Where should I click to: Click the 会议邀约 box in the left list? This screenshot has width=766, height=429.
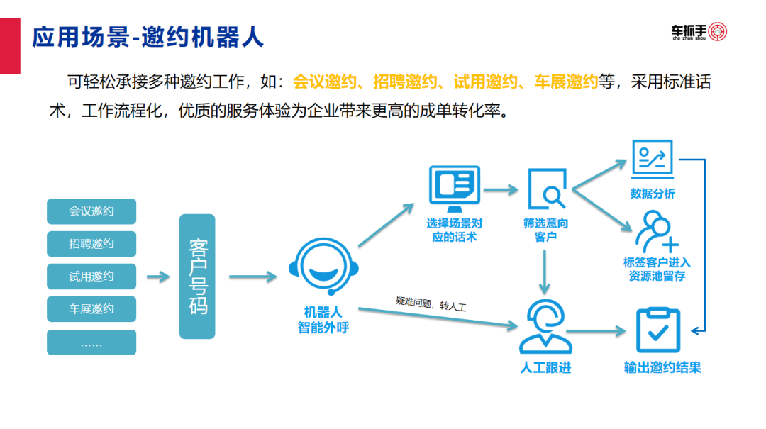pyautogui.click(x=91, y=211)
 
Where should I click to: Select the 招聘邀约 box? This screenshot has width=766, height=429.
pyautogui.click(x=91, y=244)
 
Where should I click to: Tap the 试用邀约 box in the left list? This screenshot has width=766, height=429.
pyautogui.click(x=91, y=277)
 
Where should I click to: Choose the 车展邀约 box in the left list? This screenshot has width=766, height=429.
pyautogui.click(x=91, y=309)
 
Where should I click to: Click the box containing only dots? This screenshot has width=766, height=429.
pyautogui.click(x=91, y=342)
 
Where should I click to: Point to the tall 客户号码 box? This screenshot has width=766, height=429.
pyautogui.click(x=197, y=277)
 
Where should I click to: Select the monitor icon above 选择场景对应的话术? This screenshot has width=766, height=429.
pyautogui.click(x=455, y=186)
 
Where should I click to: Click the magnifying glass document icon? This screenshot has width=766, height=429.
pyautogui.click(x=547, y=189)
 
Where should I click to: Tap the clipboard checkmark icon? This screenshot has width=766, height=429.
pyautogui.click(x=658, y=330)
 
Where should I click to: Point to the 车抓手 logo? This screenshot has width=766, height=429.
pyautogui.click(x=699, y=32)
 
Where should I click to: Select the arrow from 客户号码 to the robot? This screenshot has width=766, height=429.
pyautogui.click(x=252, y=277)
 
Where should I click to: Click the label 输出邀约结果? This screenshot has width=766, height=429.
pyautogui.click(x=662, y=367)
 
